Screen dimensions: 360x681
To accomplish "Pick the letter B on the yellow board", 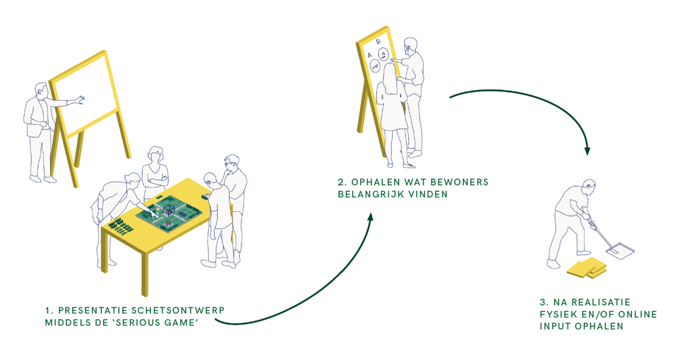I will click(x=378, y=42).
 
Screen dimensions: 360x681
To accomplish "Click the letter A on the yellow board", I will click(x=369, y=55).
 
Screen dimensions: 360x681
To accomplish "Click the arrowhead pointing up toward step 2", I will click(x=371, y=217).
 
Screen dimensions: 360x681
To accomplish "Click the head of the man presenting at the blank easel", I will click(x=41, y=91).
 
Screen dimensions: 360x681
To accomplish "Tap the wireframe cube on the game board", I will click(x=168, y=211).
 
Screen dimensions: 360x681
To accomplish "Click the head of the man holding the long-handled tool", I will click(x=588, y=188).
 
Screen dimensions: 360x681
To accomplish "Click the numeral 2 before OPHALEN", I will click(x=340, y=183).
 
